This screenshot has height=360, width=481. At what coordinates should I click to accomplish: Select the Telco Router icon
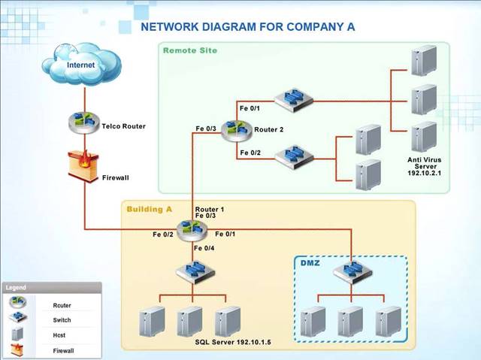click(x=82, y=122)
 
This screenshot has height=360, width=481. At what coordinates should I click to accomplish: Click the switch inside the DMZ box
click(x=351, y=272)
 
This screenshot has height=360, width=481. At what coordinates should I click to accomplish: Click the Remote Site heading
click(x=190, y=50)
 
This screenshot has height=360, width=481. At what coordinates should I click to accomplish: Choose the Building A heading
click(x=150, y=208)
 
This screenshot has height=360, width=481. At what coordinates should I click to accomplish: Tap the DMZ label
click(x=310, y=263)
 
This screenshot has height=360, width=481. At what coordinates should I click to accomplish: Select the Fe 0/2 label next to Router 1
click(x=163, y=234)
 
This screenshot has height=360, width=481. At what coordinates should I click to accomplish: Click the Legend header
click(x=17, y=287)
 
